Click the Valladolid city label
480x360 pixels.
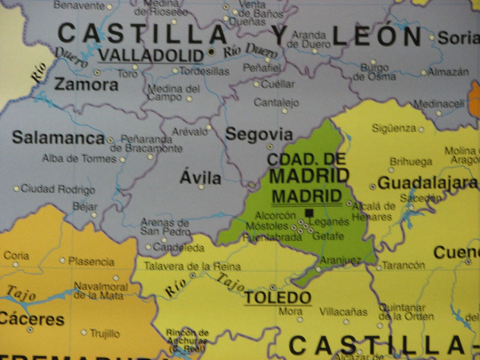151,56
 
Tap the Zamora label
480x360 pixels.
86,85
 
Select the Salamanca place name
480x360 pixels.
58,137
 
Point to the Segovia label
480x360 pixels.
259,134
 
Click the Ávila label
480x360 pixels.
200,178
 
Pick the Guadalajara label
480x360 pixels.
428,183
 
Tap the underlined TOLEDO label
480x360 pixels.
278,298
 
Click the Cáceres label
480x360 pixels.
32,318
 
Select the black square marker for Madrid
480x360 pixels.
310,213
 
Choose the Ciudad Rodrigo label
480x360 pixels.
58,190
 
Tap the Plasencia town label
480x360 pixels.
91,262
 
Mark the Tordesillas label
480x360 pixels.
205,71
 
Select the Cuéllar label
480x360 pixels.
278,85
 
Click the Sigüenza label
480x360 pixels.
394,128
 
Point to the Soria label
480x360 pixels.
459,38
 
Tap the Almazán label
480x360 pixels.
449,72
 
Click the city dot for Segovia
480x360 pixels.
269,146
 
